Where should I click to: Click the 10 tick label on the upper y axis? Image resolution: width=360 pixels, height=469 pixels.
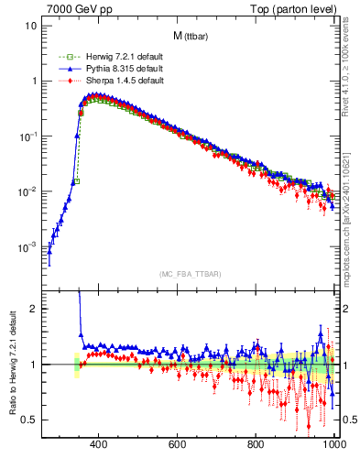(x=31, y=26)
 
